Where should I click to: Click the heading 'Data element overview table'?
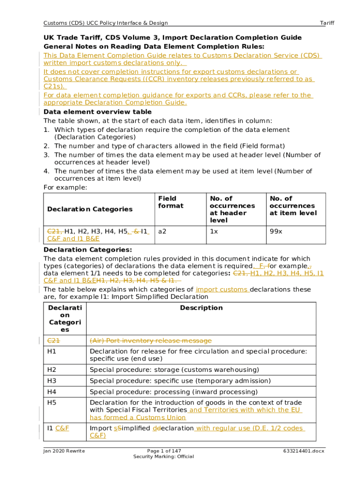click(x=97, y=112)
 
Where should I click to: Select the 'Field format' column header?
click(x=167, y=202)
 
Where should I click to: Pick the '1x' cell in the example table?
click(x=214, y=231)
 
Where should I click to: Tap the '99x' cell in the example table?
click(x=276, y=231)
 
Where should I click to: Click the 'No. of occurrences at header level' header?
click(x=232, y=209)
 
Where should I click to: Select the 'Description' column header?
click(x=202, y=308)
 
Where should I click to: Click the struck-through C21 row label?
click(x=53, y=340)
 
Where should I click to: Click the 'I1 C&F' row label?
click(x=58, y=428)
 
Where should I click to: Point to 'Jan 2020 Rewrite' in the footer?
click(x=64, y=450)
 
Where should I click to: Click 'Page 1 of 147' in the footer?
click(x=164, y=450)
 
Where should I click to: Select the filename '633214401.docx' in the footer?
click(x=303, y=450)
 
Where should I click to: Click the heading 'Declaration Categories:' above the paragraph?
click(x=87, y=250)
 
